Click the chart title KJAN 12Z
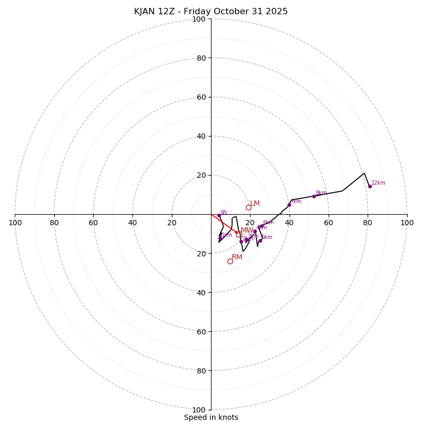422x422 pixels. click(x=210, y=12)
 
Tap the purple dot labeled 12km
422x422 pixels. click(x=370, y=186)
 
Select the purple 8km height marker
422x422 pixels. click(x=314, y=196)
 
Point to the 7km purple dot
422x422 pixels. click(x=289, y=205)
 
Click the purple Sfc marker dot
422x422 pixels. click(x=219, y=215)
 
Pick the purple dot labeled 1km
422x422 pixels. click(x=220, y=238)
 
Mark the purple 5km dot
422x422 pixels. click(x=260, y=241)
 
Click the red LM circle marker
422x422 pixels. click(x=248, y=207)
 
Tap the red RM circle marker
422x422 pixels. click(x=230, y=261)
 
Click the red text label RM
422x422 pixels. click(x=237, y=257)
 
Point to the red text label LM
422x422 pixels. click(x=255, y=204)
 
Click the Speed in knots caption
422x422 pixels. click(x=211, y=418)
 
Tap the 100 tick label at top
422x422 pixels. click(x=199, y=19)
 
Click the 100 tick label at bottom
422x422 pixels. click(x=199, y=410)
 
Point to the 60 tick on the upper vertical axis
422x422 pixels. click(x=201, y=97)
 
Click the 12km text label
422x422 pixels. click(x=378, y=183)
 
